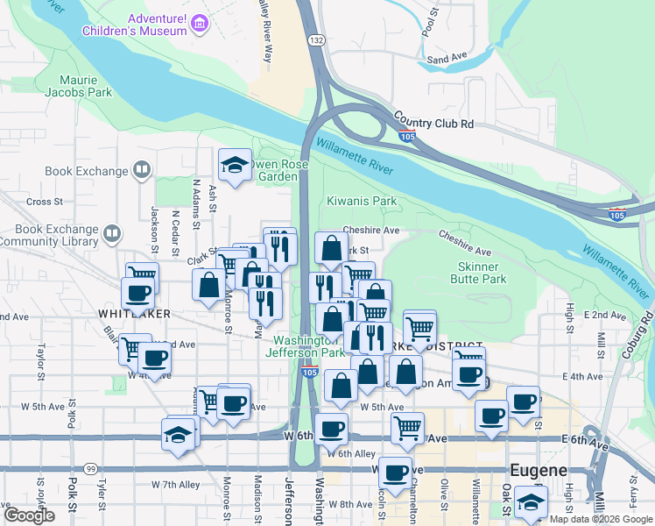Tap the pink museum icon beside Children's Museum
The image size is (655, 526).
pyautogui.click(x=201, y=24)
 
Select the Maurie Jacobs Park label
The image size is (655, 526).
pyautogui.click(x=81, y=85)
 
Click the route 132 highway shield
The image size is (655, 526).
pyautogui.click(x=316, y=40)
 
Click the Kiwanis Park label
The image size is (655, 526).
pyautogui.click(x=362, y=201)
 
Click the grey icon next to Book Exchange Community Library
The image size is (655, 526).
pyautogui.click(x=112, y=233)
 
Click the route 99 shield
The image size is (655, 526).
pyautogui.click(x=90, y=469)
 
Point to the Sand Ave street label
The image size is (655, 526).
pyautogui.click(x=446, y=60)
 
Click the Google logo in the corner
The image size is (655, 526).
pyautogui.click(x=29, y=515)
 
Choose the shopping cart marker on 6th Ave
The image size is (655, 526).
pyautogui.click(x=407, y=428)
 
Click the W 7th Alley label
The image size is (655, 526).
pyautogui.click(x=181, y=484)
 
